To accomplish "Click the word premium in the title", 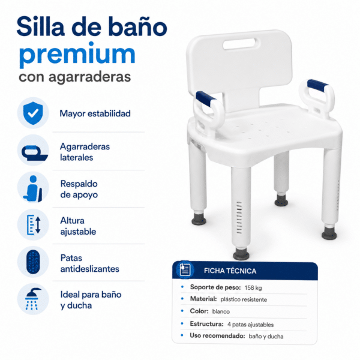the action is coord(77,55).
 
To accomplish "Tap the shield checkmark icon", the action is coord(33,113).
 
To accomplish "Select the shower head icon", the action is coord(33,299).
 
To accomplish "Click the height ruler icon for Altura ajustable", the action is coord(34,225).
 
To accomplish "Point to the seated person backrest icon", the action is coord(33,189).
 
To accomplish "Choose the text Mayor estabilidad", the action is coord(95,113).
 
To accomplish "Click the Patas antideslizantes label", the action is coord(89,263).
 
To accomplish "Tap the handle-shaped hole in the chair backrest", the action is coord(239,44).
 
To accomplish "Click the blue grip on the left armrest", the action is coord(205,98).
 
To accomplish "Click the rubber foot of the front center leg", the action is coord(241,254).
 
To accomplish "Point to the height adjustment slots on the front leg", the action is coord(239,217).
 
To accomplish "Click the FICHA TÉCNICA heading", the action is coord(230,271).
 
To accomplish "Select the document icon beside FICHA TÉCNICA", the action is coord(185,269).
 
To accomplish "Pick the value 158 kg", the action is coord(253,287).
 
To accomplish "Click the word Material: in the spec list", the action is coord(203,299).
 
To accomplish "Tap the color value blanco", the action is coord(221,311).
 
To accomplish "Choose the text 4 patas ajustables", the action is coord(250,325).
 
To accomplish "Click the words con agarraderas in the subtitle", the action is coord(75,77).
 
